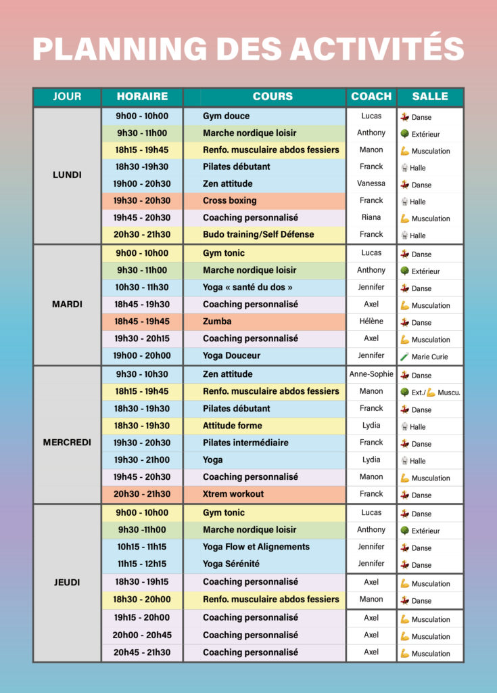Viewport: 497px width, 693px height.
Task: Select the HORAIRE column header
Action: coord(142,96)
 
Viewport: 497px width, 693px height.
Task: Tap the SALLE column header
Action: coord(430,96)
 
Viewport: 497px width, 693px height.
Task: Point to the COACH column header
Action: coord(371,96)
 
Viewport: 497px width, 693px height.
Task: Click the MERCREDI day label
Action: coord(67,443)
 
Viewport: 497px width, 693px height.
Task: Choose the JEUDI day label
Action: coord(67,582)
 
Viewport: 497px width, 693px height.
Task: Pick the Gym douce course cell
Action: coord(226,116)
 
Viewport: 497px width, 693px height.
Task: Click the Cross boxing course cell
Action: coord(230,200)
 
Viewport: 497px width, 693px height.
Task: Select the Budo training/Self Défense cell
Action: coord(258,234)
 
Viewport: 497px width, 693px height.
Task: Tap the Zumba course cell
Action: coord(217,321)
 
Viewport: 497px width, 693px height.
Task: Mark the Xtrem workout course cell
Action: coord(233,494)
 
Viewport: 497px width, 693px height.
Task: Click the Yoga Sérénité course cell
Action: coord(231,564)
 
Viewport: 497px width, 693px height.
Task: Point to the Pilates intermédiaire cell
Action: coord(245,443)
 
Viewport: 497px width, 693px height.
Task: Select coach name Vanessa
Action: coord(371,183)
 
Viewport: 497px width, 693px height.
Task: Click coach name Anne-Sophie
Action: coord(371,374)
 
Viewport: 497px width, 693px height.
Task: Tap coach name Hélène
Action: coord(371,321)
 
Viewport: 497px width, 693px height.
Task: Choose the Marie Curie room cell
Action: coord(429,356)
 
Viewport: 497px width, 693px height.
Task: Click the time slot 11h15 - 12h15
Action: coord(141,564)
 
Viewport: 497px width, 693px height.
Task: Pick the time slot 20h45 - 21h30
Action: coord(141,652)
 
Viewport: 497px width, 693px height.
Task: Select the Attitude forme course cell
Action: coord(233,426)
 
